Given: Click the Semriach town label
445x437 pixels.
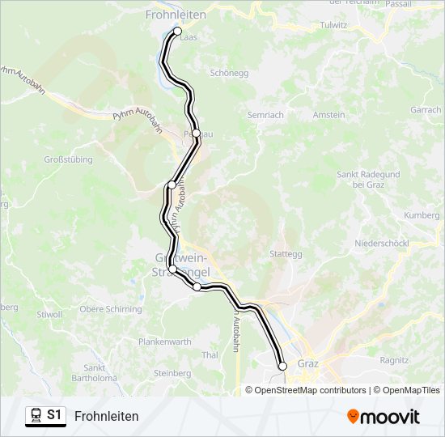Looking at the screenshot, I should pos(265,115).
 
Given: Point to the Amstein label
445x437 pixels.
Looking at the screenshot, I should pos(329,115).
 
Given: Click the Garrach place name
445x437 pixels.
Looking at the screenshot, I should pos(426,110).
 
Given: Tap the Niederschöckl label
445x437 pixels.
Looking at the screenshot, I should pos(382,244).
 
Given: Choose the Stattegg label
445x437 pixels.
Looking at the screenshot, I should pos(286,253).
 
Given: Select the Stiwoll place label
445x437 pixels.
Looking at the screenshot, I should pos(49,314).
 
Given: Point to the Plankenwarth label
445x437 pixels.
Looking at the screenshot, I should pos(165,342).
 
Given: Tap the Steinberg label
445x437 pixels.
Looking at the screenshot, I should pos(172,373).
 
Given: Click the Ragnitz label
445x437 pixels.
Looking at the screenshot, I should pos(394,360).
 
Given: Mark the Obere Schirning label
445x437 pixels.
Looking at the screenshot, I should pos(111,309).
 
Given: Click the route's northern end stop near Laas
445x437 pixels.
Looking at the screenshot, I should pos(178,32).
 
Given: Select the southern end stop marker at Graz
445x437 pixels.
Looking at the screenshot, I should pos(282,367).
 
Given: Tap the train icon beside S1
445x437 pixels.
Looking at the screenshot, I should pos(36,415).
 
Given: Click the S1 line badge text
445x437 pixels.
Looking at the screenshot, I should pos(54,415).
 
